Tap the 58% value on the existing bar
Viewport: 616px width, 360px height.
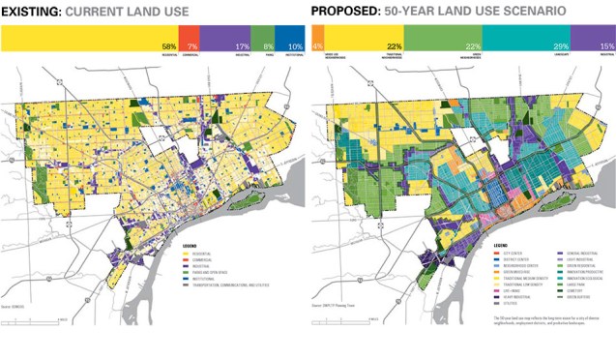[169, 45]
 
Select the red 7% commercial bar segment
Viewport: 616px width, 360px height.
[192, 39]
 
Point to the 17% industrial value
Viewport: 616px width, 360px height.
[241, 45]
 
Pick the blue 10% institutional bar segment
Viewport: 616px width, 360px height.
[290, 39]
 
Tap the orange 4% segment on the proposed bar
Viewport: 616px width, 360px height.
[317, 39]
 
